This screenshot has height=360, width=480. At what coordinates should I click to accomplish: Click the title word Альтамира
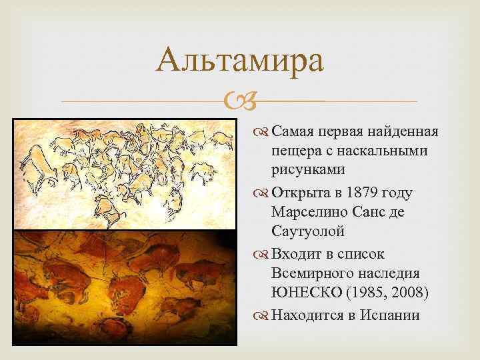click(240, 61)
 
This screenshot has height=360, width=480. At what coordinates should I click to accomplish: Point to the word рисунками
click(308, 169)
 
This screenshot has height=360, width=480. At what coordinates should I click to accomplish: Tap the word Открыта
click(301, 193)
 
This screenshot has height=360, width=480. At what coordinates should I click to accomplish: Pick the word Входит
click(295, 254)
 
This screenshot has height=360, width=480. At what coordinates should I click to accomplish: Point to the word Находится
click(309, 315)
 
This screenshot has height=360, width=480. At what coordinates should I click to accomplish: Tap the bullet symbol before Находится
click(262, 315)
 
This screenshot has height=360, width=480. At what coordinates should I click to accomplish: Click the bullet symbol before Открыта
click(262, 193)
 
